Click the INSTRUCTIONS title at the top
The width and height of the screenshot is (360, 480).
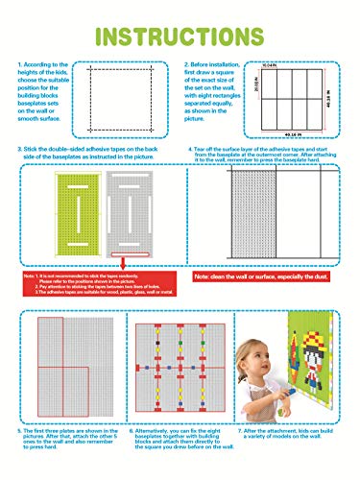[180, 37]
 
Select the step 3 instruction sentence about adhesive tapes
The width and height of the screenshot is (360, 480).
[91, 155]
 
